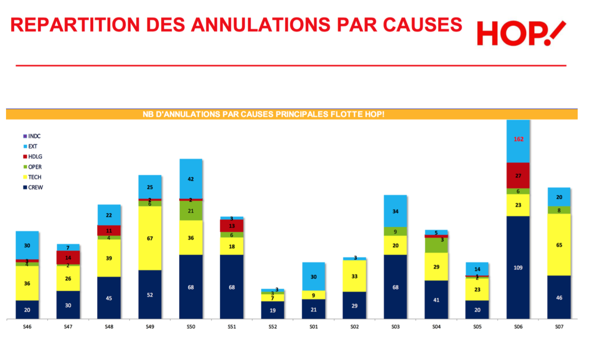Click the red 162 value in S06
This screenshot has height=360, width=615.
point(518,139)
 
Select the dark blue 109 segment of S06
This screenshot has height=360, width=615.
point(518,268)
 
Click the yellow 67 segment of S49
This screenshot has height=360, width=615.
point(150,238)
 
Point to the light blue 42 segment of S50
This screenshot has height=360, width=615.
point(191,179)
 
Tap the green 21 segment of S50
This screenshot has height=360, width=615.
point(191,211)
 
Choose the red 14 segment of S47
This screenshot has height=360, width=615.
point(68,258)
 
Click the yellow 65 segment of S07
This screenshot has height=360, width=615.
point(559,245)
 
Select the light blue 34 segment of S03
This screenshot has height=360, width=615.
point(395,211)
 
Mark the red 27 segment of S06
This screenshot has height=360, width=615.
point(518,175)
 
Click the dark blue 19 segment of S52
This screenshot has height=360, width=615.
point(273,310)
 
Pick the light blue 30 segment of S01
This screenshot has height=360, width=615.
point(314,277)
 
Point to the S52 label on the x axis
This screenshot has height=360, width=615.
point(273,327)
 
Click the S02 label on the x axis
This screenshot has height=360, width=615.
point(354,327)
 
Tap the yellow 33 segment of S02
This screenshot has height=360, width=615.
point(354,276)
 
